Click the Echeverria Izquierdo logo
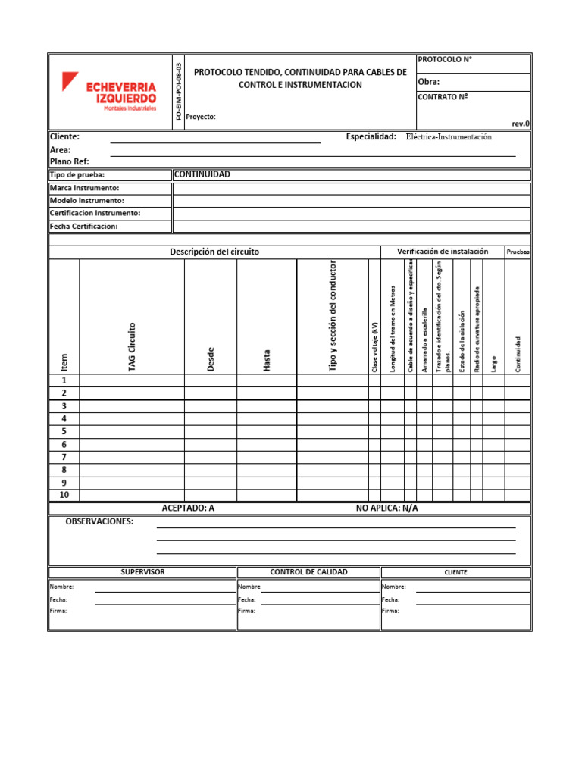pyautogui.click(x=110, y=92)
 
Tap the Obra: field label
pyautogui.click(x=429, y=82)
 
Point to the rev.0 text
pyautogui.click(x=521, y=124)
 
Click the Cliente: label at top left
pyautogui.click(x=64, y=137)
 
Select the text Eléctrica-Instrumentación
pyautogui.click(x=449, y=137)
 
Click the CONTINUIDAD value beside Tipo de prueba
pyautogui.click(x=202, y=174)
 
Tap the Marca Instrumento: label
pyautogui.click(x=84, y=188)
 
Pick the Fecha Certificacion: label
pyautogui.click(x=84, y=227)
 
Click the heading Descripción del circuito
pyautogui.click(x=214, y=252)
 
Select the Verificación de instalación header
pyautogui.click(x=443, y=252)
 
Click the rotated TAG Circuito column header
pyautogui.click(x=132, y=346)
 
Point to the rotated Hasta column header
pyautogui.click(x=267, y=359)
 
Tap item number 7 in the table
pyautogui.click(x=64, y=457)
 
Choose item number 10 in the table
pyautogui.click(x=64, y=495)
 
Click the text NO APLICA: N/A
pyautogui.click(x=386, y=508)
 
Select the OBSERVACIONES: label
pyautogui.click(x=99, y=522)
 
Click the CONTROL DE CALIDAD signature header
pyautogui.click(x=308, y=572)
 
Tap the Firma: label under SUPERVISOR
pyautogui.click(x=58, y=611)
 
